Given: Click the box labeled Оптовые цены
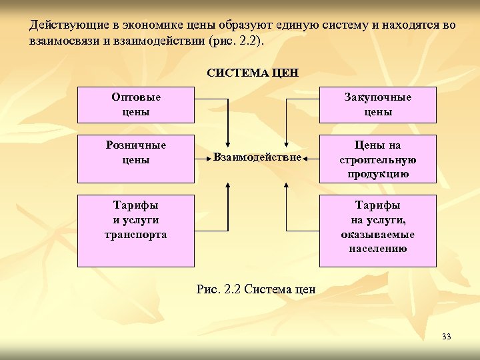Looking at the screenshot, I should point(136,105).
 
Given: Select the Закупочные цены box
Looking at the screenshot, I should point(377,105).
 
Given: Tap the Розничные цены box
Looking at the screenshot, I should point(136,159).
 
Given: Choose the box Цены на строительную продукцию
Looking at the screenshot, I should point(377,159).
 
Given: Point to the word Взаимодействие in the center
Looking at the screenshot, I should point(257,157).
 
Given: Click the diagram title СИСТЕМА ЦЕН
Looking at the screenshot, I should point(252,72).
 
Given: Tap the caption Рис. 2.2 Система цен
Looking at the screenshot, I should point(257,289).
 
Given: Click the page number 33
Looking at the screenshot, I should point(446,337).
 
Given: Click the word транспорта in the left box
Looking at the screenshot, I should point(136,235).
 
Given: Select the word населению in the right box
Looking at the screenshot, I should point(377,249).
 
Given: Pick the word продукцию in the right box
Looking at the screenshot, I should point(377,175).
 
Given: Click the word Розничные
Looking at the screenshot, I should point(136,145).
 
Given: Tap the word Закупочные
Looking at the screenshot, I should point(377,97).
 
